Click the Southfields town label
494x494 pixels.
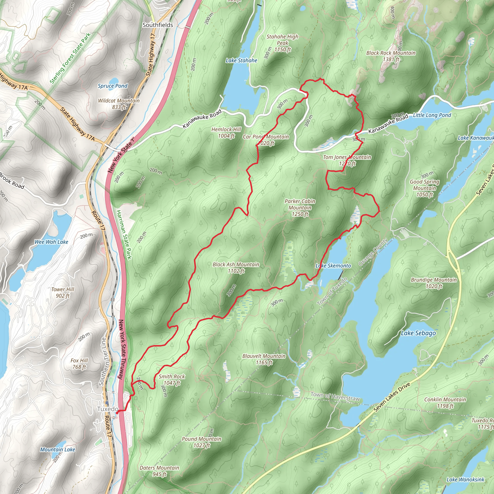pos(158,25)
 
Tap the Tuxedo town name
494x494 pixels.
pos(108,409)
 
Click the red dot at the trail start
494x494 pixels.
pos(117,412)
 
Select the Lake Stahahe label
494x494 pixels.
pos(241,60)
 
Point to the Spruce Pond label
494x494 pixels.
pos(112,86)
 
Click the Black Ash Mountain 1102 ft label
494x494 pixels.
pos(236,268)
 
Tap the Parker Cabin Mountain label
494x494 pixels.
pos(300,207)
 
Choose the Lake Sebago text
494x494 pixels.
pos(418,333)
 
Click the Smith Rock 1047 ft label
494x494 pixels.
pos(172,379)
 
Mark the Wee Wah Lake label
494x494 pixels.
pos(51,242)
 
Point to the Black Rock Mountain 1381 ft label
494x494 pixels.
pos(391,56)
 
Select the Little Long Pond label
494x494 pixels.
pos(432,115)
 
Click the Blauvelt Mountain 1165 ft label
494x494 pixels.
pos(264,359)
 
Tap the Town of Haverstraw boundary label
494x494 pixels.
pos(335,397)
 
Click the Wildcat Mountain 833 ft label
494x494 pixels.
pos(119,103)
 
